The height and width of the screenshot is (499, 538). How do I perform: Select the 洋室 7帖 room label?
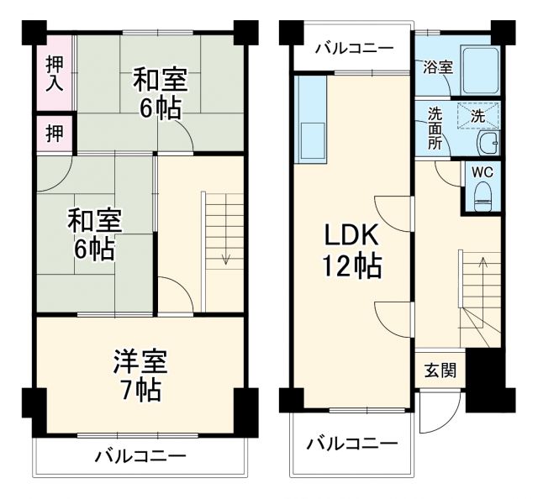pyautogui.click(x=140, y=375)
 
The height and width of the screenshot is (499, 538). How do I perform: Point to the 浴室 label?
pyautogui.click(x=438, y=66)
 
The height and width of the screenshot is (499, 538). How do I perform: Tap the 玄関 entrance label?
pyautogui.click(x=439, y=370)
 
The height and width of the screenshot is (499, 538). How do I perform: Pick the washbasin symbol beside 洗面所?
pyautogui.click(x=486, y=144)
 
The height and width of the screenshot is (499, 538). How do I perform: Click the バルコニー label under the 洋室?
pyautogui.click(x=140, y=456)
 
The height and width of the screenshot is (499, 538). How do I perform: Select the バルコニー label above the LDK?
pyautogui.click(x=353, y=48)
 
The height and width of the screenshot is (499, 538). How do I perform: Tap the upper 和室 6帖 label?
pyautogui.click(x=161, y=95)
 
